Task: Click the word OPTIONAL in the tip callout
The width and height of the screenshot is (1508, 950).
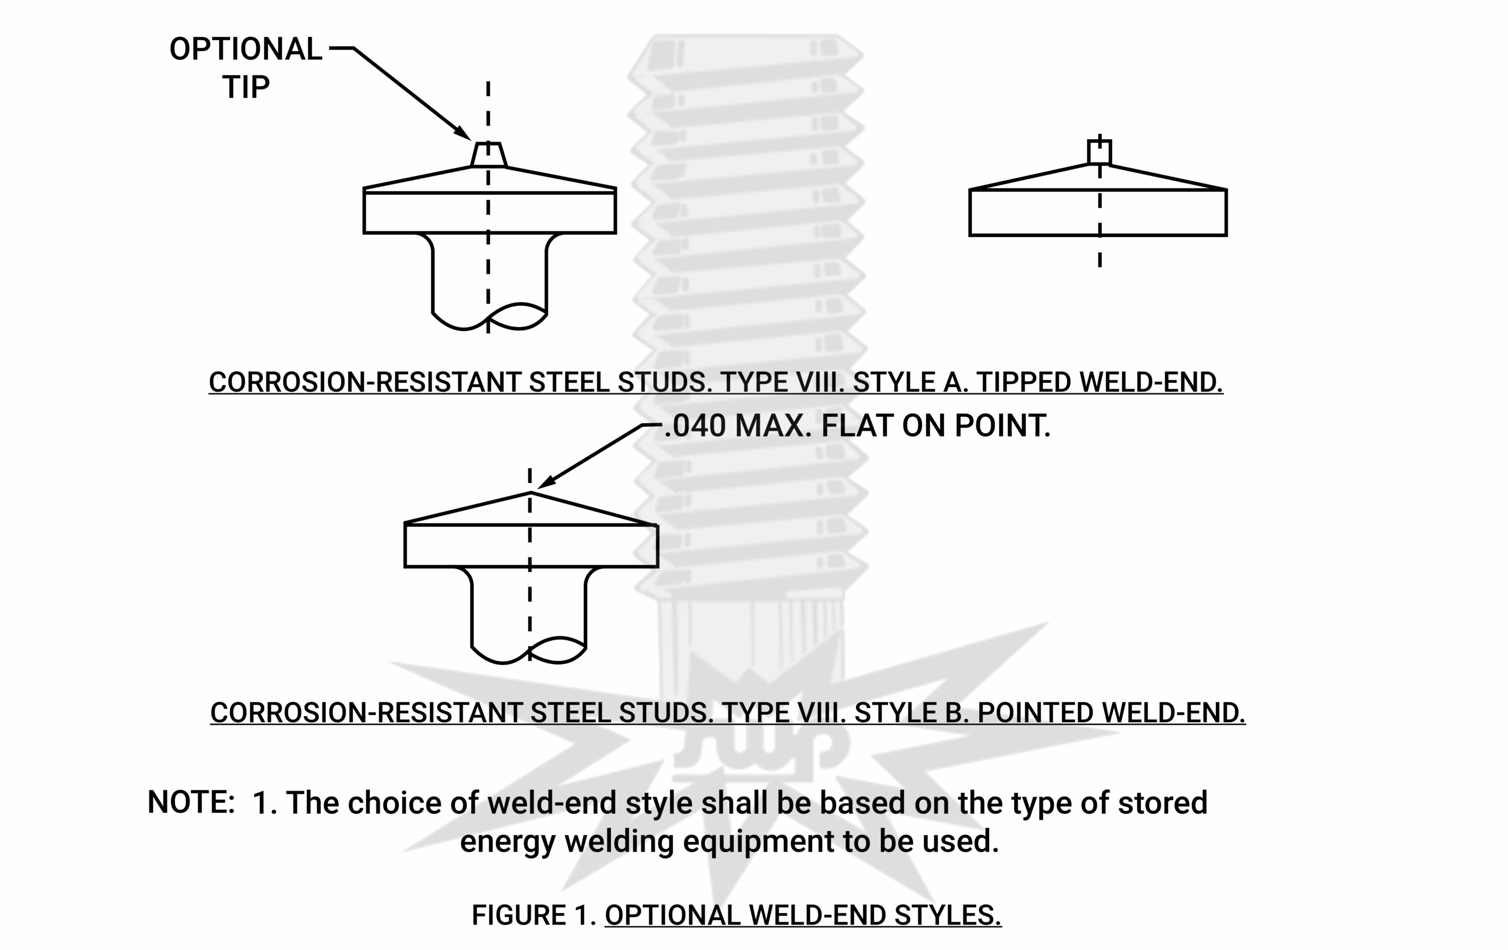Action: [x=246, y=49]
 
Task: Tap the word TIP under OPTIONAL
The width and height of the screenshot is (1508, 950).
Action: [x=246, y=87]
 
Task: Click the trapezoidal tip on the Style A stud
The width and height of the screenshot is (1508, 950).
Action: [x=489, y=154]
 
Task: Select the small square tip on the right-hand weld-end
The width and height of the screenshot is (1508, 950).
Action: [x=1100, y=152]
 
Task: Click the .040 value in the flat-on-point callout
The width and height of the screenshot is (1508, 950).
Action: [x=695, y=426]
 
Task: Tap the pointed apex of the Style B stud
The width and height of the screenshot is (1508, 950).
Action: [x=530, y=494]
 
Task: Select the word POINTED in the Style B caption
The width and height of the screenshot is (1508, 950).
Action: [x=1035, y=713]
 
